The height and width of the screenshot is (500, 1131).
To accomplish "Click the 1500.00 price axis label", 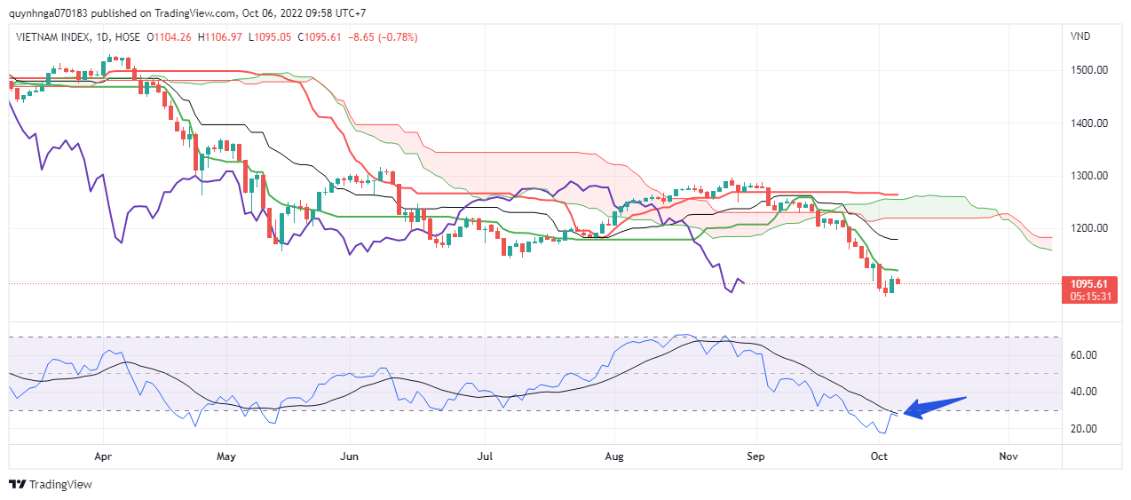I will (x=1087, y=69).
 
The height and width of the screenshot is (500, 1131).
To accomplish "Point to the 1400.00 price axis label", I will (x=1087, y=123).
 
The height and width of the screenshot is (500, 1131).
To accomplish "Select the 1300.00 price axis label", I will (x=1087, y=175).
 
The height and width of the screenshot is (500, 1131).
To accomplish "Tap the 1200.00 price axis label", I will (x=1087, y=228).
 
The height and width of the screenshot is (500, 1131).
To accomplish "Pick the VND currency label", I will (x=1081, y=36).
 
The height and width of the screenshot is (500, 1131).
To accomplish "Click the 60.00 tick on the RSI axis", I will (x=1085, y=354).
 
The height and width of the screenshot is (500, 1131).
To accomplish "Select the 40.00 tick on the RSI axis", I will (x=1085, y=392).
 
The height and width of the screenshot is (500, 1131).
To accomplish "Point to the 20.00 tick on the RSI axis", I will (x=1085, y=429).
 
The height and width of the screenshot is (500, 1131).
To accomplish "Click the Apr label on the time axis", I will (x=103, y=456).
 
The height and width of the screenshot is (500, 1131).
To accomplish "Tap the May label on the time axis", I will (x=226, y=456).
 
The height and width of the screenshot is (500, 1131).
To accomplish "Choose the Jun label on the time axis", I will (x=350, y=456).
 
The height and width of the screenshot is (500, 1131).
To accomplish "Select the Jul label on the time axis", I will (x=485, y=456).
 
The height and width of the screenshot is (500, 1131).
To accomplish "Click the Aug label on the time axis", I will (x=613, y=456).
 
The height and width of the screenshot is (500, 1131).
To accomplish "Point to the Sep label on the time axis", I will (x=755, y=456).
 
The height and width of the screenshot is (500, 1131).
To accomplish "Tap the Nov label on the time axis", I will (x=1008, y=456).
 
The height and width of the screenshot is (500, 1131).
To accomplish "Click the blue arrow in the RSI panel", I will (x=933, y=407).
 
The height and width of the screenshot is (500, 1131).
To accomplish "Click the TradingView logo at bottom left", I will (x=51, y=484).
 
